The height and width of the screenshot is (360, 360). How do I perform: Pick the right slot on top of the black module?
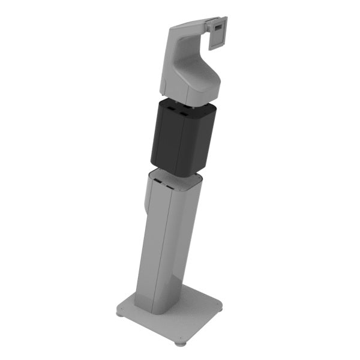183,112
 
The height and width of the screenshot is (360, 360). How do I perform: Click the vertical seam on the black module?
179,144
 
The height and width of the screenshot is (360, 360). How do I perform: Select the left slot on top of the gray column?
157,179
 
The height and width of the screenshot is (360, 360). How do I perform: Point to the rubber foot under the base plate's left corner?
119,314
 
